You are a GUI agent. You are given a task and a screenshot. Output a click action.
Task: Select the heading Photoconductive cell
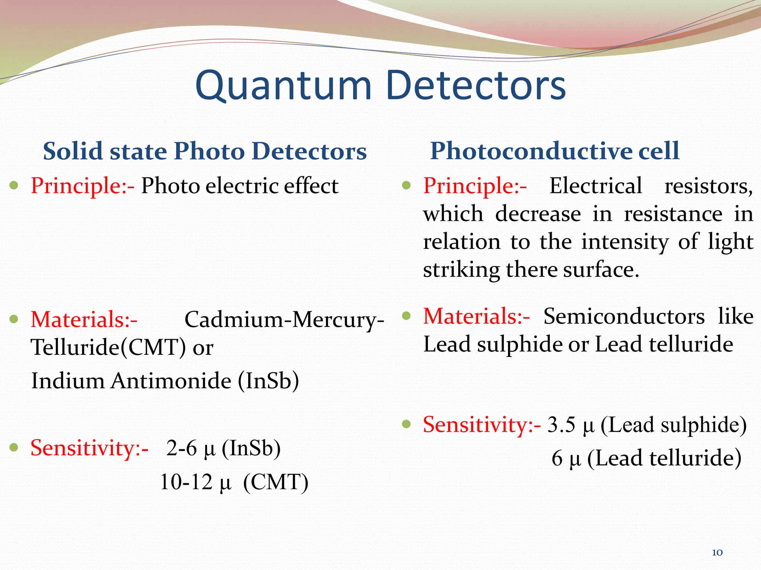[555, 151]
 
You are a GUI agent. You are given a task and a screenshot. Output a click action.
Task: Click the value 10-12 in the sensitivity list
[186, 482]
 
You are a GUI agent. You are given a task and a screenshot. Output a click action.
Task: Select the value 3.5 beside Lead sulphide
[561, 425]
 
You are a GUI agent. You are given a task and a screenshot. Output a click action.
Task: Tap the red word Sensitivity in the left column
[85, 448]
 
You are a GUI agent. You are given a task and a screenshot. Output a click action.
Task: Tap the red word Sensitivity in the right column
[477, 425]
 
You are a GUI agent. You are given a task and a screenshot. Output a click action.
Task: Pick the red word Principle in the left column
[78, 186]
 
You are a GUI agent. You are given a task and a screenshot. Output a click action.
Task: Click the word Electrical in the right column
[596, 186]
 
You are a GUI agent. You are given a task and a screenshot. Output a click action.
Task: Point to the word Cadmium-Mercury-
[284, 320]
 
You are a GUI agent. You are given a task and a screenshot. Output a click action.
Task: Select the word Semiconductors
[624, 317]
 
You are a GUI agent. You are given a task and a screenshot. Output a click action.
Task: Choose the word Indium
[68, 381]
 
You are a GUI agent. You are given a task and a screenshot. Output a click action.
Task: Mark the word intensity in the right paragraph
[625, 242]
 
